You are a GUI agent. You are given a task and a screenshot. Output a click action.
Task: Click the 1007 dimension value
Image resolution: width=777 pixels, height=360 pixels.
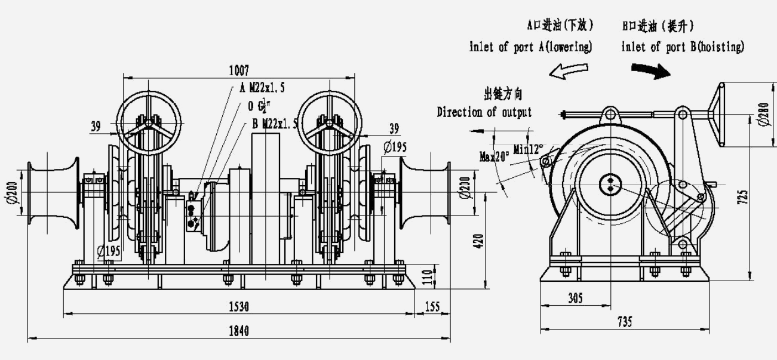pyautogui.click(x=239, y=70)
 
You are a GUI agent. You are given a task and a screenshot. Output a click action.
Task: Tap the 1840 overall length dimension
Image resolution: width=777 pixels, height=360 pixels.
pyautogui.click(x=239, y=331)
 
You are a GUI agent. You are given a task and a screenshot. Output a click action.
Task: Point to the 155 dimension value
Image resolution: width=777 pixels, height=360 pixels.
pyautogui.click(x=431, y=307)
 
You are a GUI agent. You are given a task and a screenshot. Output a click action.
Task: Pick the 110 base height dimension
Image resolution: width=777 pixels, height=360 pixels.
pyautogui.click(x=443, y=276)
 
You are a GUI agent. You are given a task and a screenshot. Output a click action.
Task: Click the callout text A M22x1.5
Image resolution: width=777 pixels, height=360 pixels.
pyautogui.click(x=262, y=88)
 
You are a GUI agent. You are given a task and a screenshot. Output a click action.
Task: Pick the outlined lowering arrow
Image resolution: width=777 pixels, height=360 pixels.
pyautogui.click(x=569, y=71)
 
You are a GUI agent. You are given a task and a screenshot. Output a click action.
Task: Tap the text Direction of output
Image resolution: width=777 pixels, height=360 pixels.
pyautogui.click(x=484, y=112)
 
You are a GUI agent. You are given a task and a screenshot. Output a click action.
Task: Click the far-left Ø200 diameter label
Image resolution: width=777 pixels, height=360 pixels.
pyautogui.click(x=14, y=193)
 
